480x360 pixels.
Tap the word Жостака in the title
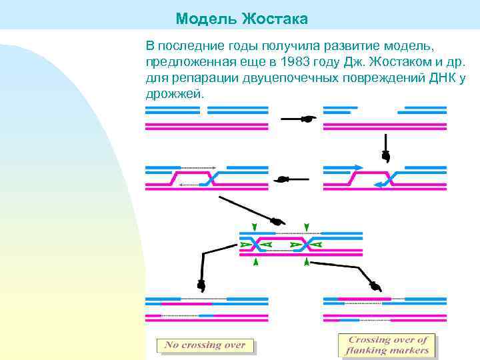(x=275, y=19)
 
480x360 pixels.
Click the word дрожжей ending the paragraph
(x=172, y=94)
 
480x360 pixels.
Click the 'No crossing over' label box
(x=205, y=345)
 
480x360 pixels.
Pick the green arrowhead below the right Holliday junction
(x=307, y=263)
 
